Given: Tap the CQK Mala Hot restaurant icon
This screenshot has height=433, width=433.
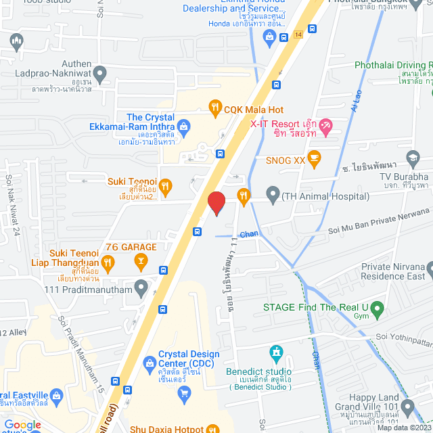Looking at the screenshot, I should click(215, 106).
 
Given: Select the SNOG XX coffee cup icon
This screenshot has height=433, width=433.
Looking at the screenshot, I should click(313, 157).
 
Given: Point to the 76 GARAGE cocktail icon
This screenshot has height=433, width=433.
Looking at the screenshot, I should click(140, 260).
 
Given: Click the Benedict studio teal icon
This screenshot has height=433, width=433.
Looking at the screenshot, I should click(276, 352).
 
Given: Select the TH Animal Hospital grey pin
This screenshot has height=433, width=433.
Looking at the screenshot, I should click(273, 196).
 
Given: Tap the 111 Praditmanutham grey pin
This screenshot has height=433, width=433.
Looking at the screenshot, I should click(141, 288).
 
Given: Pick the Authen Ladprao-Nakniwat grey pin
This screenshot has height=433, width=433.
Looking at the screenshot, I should click(100, 72).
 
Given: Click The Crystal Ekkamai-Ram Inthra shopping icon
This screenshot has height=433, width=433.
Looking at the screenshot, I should click(183, 126).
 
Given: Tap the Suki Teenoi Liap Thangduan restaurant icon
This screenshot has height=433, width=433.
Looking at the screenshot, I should click(108, 260).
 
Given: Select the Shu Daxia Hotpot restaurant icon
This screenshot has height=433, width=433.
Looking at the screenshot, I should click(213, 428).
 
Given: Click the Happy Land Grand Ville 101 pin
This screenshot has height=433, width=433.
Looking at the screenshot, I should click(407, 407).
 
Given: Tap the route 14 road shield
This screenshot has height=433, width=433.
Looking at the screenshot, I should click(298, 34).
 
